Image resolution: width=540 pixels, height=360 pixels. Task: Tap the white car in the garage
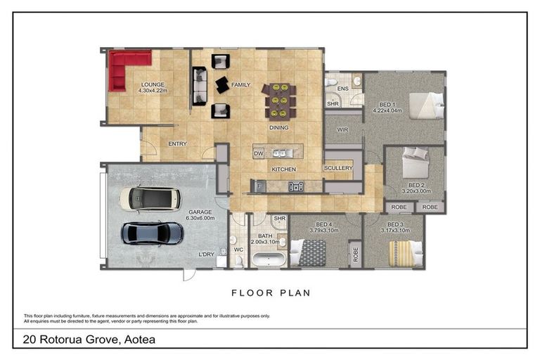[x=150, y=199]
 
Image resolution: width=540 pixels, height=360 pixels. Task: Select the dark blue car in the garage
[x=152, y=233]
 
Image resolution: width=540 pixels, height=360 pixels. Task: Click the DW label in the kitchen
[x=258, y=154]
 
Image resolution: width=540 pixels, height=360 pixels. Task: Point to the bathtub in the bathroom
[x=269, y=259]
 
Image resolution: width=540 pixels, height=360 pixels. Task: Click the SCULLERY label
[x=338, y=168]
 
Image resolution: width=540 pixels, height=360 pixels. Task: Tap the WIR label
[x=342, y=130]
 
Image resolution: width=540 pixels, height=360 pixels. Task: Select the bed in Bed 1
[x=426, y=105]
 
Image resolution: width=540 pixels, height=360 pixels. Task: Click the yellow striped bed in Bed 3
[x=406, y=254]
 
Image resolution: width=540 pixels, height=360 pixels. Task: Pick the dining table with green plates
[x=280, y=101]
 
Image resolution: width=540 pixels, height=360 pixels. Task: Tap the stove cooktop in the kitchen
[x=296, y=187]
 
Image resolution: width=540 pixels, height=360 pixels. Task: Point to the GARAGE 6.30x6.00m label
[x=200, y=215]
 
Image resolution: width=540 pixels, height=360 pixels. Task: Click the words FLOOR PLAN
[x=271, y=293]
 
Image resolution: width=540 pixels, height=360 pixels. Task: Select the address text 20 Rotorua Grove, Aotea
[x=89, y=340]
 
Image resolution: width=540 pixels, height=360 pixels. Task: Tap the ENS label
[x=342, y=89]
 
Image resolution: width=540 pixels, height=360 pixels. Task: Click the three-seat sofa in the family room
[x=200, y=86]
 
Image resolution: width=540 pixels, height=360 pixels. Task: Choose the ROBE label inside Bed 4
[x=356, y=255]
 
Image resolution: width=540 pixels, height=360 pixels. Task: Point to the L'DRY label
[x=206, y=255]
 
